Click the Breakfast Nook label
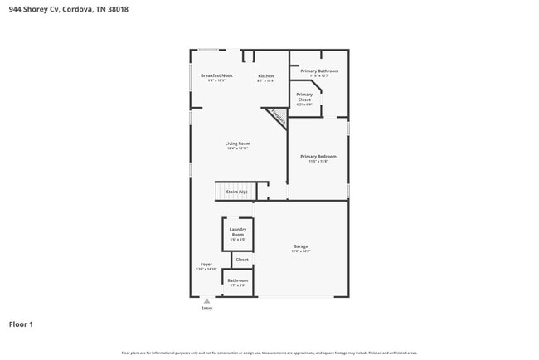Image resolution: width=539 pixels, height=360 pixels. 216,76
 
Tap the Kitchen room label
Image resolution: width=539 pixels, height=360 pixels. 265,76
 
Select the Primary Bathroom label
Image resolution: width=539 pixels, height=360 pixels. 319,71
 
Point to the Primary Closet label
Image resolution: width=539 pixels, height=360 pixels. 304,97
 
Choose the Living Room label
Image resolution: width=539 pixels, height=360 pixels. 237,144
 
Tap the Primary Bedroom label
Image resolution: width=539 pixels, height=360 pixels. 318,156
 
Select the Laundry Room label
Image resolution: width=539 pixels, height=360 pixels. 238,231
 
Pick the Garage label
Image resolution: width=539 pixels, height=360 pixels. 300,246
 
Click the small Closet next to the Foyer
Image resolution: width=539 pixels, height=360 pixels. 242,260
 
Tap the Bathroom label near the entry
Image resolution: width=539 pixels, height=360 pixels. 238,280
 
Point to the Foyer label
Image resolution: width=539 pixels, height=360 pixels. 206,265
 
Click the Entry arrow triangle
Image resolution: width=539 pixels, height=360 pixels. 206,300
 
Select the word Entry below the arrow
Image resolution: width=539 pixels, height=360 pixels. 206,309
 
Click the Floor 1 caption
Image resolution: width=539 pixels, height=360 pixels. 21,324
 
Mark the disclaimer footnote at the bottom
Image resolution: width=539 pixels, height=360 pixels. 269,353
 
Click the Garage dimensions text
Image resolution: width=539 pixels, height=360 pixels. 300,251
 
